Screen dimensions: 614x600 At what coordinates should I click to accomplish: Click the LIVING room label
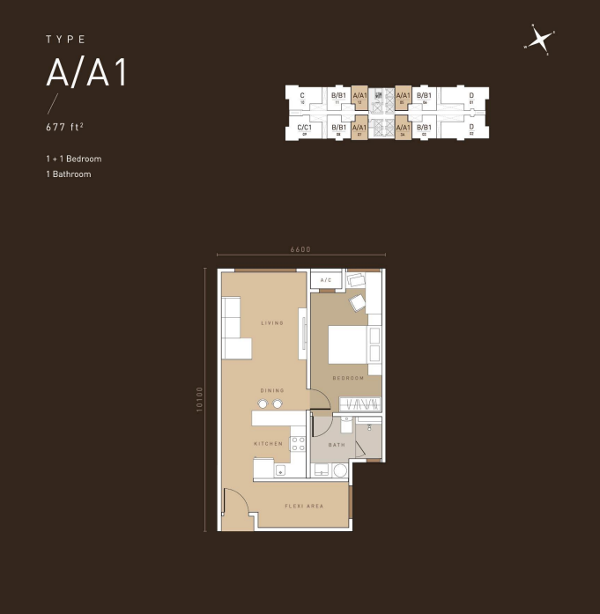(272, 323)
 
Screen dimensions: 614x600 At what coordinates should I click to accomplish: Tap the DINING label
(271, 390)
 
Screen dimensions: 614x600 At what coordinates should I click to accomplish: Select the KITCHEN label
(269, 444)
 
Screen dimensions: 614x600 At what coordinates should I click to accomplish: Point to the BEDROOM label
(349, 378)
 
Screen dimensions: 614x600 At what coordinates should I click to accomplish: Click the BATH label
(337, 446)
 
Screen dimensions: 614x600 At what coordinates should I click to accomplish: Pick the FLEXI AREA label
(304, 506)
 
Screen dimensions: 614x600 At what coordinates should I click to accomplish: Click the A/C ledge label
(325, 280)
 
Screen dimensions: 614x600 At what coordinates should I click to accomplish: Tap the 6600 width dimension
(300, 249)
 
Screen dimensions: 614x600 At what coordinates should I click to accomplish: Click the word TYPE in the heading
(66, 40)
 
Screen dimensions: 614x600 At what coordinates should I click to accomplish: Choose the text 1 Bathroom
(69, 174)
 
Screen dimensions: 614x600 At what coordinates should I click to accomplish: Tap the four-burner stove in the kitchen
(299, 444)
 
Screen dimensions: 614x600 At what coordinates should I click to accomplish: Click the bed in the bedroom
(347, 344)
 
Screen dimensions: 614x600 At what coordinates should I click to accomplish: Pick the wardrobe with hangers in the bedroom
(360, 404)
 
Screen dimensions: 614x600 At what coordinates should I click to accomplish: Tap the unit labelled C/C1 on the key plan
(305, 129)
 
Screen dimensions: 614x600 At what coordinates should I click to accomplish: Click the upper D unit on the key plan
(471, 96)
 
